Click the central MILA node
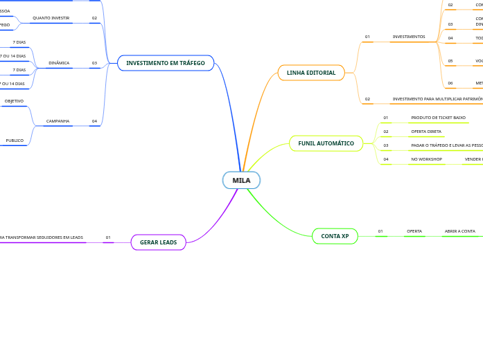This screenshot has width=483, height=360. click(241, 180)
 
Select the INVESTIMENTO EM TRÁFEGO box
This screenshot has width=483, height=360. click(166, 63)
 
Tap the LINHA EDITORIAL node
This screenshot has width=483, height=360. click(311, 73)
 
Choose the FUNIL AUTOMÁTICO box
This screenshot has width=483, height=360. click(326, 143)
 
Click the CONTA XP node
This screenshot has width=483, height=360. click(335, 236)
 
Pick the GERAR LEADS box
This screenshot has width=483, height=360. click(158, 242)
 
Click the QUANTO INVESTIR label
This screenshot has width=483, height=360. click(51, 18)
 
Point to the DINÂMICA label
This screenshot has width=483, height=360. click(59, 63)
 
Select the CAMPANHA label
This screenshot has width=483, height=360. click(58, 121)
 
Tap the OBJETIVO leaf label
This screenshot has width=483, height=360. click(14, 101)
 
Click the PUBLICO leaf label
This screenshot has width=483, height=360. click(15, 141)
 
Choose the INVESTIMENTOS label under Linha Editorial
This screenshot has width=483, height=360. click(409, 37)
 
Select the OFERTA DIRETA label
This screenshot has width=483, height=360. click(426, 132)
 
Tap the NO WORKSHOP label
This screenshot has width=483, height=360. click(426, 159)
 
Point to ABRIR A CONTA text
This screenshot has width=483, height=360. click(460, 231)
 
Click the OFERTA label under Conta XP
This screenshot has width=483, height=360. click(414, 231)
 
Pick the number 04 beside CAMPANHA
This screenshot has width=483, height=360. click(94, 121)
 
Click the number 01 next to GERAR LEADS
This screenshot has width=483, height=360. click(108, 237)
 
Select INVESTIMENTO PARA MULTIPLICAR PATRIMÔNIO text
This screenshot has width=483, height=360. click(437, 99)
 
